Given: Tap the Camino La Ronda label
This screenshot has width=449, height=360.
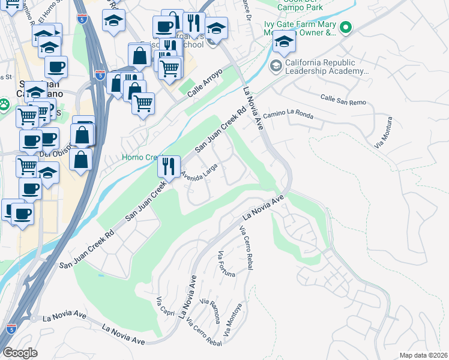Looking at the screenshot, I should [288, 113].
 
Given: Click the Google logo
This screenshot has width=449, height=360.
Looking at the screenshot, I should [19, 353].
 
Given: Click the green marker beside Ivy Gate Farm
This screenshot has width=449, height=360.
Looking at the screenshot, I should [345, 28].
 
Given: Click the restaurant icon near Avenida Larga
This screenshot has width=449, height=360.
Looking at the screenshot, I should [169, 166].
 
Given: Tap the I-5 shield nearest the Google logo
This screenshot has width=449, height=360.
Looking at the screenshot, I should [11, 328].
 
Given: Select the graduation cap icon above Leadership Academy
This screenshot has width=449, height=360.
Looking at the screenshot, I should [284, 41].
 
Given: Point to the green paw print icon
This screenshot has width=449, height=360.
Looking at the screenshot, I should [4, 106].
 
